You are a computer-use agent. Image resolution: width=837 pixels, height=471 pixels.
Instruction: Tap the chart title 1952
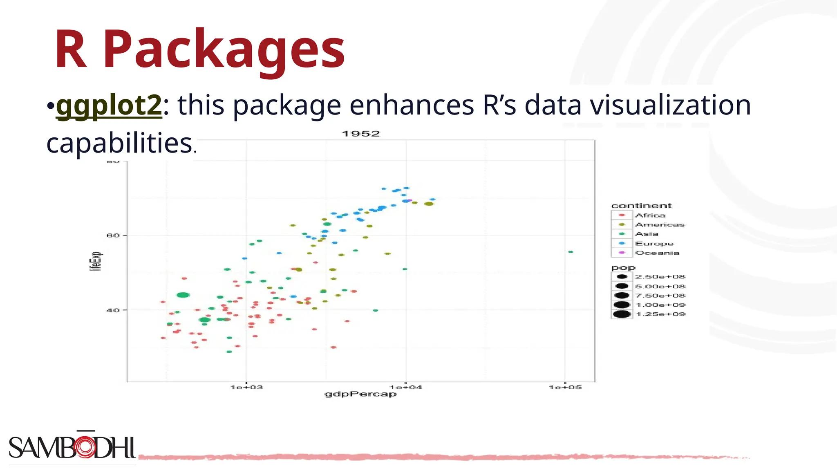(360, 134)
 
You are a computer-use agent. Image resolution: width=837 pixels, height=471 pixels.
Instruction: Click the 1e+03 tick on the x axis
(246, 387)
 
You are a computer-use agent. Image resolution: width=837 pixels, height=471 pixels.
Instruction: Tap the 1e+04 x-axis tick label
(405, 387)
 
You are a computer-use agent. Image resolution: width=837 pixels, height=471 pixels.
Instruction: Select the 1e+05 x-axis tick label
(565, 387)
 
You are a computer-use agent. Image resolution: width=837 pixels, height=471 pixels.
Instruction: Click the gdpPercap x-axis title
(360, 394)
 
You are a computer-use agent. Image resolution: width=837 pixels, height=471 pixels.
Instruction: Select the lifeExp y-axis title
(96, 261)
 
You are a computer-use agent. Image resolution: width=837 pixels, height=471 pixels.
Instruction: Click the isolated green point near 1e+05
(571, 252)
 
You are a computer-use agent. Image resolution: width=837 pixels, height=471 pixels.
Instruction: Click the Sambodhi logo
(72, 447)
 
